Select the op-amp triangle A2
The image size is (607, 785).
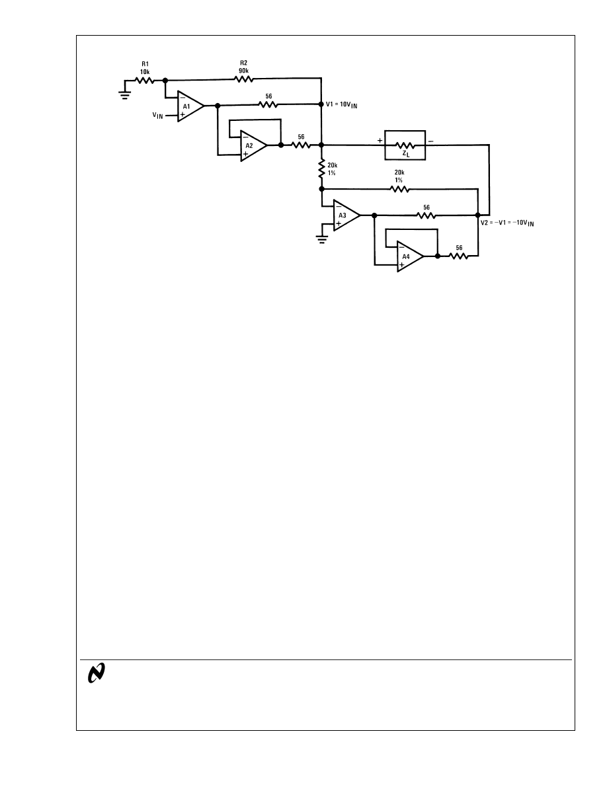[x=251, y=145]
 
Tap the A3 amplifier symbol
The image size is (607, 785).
[x=344, y=215]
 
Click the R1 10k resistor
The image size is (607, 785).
[x=145, y=80]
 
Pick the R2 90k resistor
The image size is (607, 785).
[x=243, y=80]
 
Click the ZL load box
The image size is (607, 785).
[x=405, y=145]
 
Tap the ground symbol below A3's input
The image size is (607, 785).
[x=322, y=237]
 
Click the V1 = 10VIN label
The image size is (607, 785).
[x=344, y=104]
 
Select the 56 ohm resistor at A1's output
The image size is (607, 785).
[x=268, y=104]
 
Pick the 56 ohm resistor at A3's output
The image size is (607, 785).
[x=426, y=215]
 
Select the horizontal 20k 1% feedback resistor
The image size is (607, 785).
[x=399, y=189]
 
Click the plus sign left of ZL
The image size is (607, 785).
[x=380, y=141]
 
